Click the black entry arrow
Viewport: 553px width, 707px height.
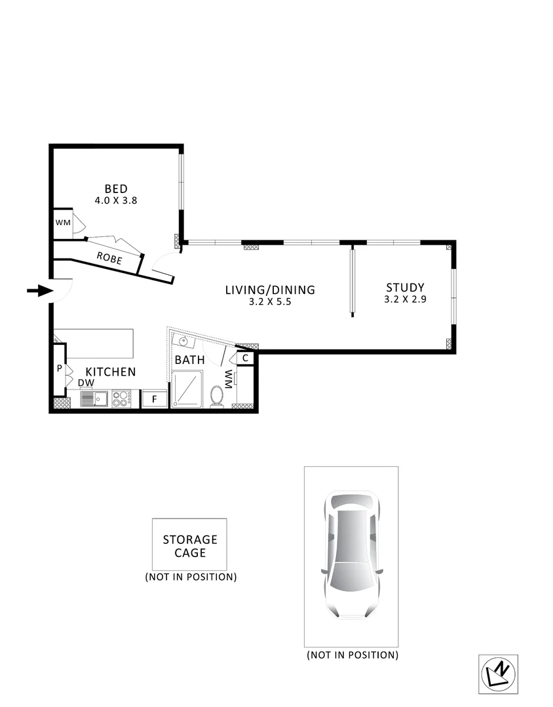[39, 291]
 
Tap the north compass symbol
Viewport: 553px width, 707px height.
[498, 674]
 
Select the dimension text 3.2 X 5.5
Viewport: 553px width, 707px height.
[270, 302]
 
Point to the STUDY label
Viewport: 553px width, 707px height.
[405, 287]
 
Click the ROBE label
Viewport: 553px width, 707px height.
[109, 257]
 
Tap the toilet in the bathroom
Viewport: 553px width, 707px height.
[217, 397]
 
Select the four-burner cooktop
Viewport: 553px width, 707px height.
[121, 398]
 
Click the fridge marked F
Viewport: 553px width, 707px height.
[155, 399]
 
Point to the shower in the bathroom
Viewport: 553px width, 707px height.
[187, 389]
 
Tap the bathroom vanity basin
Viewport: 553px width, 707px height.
[183, 341]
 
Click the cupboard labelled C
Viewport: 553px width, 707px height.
[245, 358]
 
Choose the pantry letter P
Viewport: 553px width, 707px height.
[59, 369]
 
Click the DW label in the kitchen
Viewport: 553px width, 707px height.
[86, 383]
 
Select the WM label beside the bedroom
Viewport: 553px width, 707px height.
[62, 223]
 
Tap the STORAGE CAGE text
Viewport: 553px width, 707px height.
[190, 546]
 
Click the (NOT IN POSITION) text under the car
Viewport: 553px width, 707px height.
[352, 655]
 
